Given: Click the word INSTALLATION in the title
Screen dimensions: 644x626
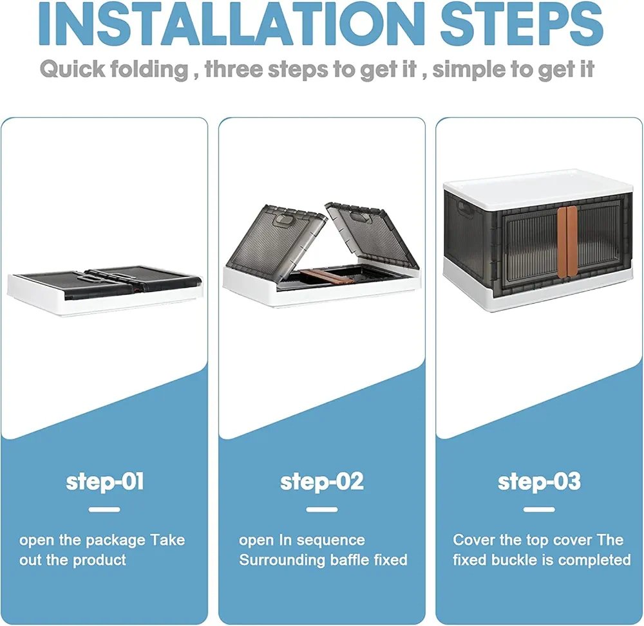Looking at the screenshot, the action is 232,23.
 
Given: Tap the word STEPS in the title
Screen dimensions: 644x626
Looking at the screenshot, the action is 522,23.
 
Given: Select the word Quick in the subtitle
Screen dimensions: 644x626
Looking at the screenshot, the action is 72,68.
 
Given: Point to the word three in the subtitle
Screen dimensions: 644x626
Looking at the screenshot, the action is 234,68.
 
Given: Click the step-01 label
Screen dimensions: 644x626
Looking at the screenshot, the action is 105,482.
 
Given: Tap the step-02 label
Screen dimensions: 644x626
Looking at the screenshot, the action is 322,482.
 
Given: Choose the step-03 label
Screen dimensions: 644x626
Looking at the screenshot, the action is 539,482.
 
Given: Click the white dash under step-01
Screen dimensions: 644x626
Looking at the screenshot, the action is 104,510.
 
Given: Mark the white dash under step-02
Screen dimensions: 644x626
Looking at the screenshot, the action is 322,510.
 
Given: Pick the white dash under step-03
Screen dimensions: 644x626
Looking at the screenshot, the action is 539,510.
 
